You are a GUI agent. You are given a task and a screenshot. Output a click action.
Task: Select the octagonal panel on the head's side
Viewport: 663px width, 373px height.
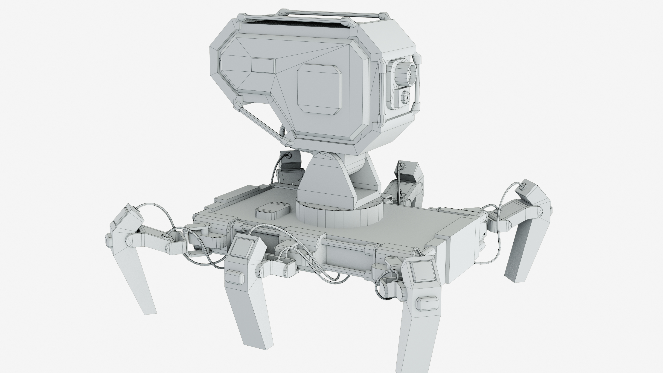point(319,89)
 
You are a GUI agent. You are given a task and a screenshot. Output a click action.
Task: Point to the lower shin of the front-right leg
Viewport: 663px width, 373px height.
point(414,342)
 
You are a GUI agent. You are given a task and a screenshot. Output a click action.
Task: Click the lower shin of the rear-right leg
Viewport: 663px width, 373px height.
point(520,257)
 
